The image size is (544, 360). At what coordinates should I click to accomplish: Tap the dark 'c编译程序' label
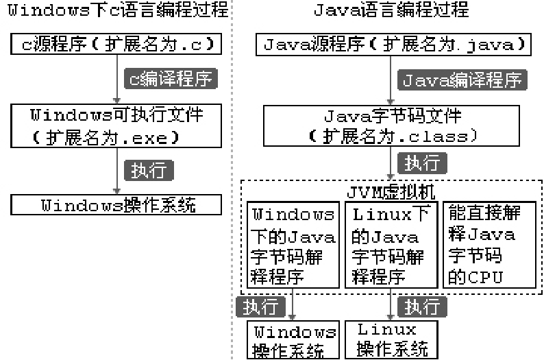coord(169,78)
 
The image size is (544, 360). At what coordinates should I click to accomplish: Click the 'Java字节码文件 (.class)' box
coord(393,125)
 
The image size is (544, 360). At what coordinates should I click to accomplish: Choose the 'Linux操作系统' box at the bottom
coord(393,339)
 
